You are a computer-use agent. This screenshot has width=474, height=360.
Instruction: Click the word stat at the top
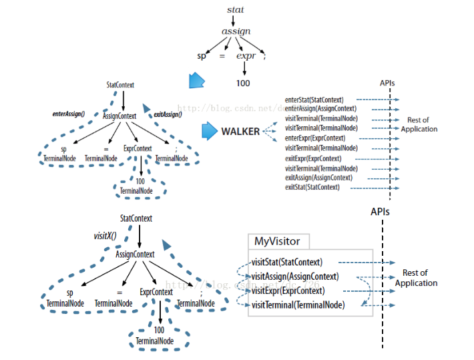tap(235, 10)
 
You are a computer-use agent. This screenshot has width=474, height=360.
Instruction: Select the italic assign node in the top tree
tap(236, 31)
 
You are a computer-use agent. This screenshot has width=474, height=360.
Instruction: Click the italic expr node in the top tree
tap(246, 56)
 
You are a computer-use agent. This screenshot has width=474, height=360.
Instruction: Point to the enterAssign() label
tap(69, 114)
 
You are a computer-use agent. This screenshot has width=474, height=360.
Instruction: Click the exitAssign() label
tap(168, 115)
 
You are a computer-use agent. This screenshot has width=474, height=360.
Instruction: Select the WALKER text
tap(240, 132)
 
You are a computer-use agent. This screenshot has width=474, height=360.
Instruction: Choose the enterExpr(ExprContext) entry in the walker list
tap(314, 138)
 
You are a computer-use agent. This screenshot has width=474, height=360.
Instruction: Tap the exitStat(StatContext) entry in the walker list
tap(312, 188)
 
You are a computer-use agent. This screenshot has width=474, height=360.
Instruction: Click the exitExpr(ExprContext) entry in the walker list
tap(313, 158)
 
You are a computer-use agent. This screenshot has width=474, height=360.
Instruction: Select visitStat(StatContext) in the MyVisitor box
tap(287, 262)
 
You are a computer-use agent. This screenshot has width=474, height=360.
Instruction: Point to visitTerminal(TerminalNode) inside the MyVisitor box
tap(298, 305)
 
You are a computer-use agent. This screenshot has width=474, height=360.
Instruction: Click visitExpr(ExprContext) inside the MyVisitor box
tap(288, 291)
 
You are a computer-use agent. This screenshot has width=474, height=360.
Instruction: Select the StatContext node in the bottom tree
tap(136, 218)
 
